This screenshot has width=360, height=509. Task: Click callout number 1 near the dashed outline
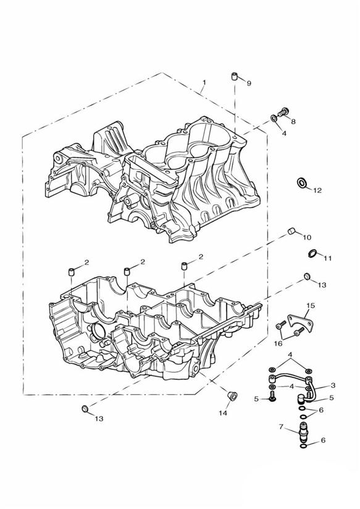(204, 83)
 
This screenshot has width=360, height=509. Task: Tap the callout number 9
(249, 83)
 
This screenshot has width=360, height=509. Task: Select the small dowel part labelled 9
(235, 77)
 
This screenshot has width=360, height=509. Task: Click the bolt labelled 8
(283, 112)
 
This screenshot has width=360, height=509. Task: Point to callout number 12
(317, 190)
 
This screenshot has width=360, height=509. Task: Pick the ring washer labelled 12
(301, 183)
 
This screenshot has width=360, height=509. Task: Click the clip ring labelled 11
(312, 253)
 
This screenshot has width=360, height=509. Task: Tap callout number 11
(327, 258)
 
